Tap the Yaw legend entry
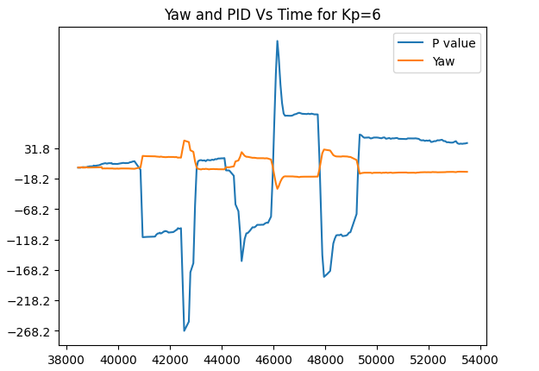coord(443,60)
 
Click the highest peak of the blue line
coord(277,41)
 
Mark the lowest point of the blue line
coord(184,330)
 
